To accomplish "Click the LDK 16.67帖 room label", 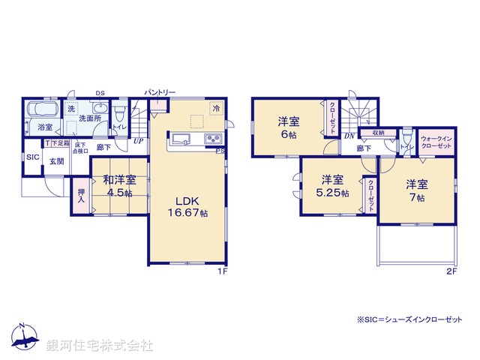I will [x=187, y=207].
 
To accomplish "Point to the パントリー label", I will [x=161, y=92].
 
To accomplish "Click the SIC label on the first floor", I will [x=32, y=157].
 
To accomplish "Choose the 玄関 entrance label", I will [x=57, y=160].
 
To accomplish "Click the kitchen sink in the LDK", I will [x=181, y=139].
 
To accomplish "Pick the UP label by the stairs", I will [x=138, y=140].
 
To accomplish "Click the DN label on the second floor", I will [x=349, y=136].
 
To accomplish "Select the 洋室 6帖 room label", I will [x=289, y=127].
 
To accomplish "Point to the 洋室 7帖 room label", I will [x=417, y=190].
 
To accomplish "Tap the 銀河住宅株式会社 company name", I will [x=100, y=346].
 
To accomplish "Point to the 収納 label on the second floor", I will [x=378, y=133].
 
